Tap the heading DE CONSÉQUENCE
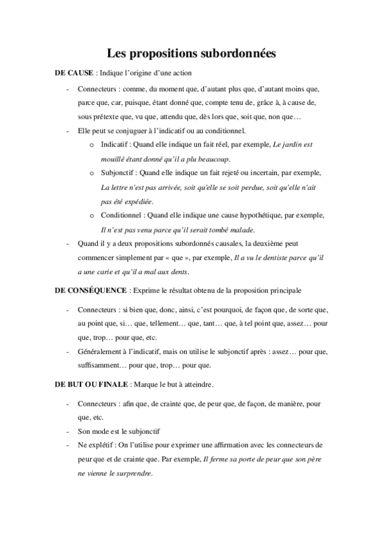click(x=91, y=291)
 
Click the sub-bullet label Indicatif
click(x=115, y=144)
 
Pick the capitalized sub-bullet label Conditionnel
click(x=121, y=215)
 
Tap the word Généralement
click(x=103, y=352)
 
